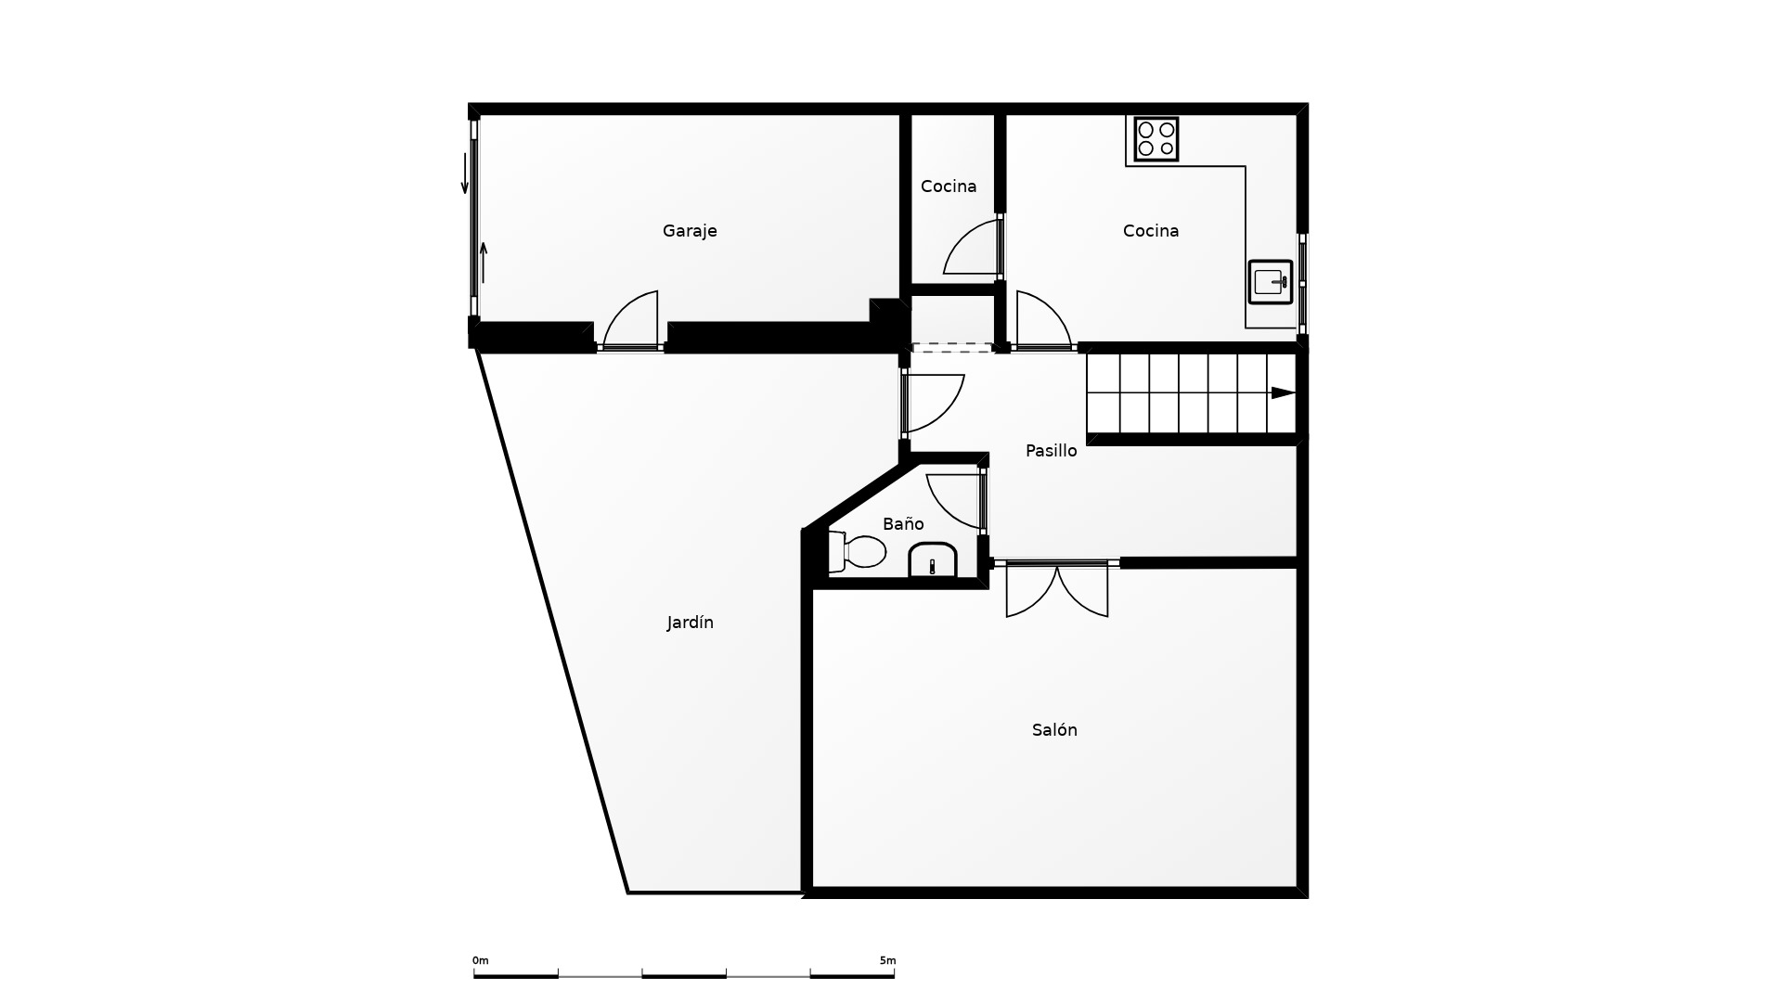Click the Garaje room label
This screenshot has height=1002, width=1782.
pos(690,231)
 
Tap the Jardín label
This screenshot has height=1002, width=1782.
pos(690,623)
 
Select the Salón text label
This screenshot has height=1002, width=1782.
pos(1054,730)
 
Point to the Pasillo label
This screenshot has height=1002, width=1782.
pos(1051,451)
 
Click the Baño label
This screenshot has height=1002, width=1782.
pos(903,524)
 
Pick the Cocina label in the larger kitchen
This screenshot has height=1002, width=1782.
pos(1151,231)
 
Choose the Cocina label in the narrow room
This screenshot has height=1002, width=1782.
pos(949,186)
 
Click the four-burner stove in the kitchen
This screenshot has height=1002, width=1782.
pos(1156,139)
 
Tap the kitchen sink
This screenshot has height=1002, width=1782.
pos(1271,282)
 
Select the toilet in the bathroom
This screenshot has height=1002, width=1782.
pos(856,552)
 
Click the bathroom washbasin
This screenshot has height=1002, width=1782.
pos(932,560)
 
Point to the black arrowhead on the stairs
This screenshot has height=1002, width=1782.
pos(1283,393)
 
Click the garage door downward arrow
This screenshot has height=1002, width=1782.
pos(465,173)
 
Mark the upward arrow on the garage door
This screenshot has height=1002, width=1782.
pos(484,263)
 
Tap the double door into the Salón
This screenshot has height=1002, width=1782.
pos(1057,589)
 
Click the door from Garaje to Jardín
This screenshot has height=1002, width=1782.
pos(630,321)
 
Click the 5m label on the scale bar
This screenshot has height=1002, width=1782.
pos(888,960)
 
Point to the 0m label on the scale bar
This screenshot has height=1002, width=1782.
pos(480,960)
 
